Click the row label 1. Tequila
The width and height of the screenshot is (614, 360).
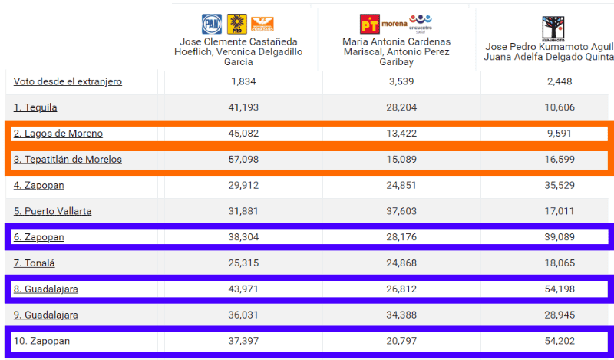point(35,107)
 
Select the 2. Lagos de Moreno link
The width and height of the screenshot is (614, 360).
point(58,134)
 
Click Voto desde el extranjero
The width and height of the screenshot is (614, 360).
point(68,81)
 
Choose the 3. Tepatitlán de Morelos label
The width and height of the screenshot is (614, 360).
point(68,160)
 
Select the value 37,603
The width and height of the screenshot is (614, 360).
point(401,211)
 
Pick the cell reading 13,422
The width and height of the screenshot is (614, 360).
point(401,134)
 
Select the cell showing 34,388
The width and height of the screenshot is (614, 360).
point(401,315)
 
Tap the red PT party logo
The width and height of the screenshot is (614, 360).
point(369,24)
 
